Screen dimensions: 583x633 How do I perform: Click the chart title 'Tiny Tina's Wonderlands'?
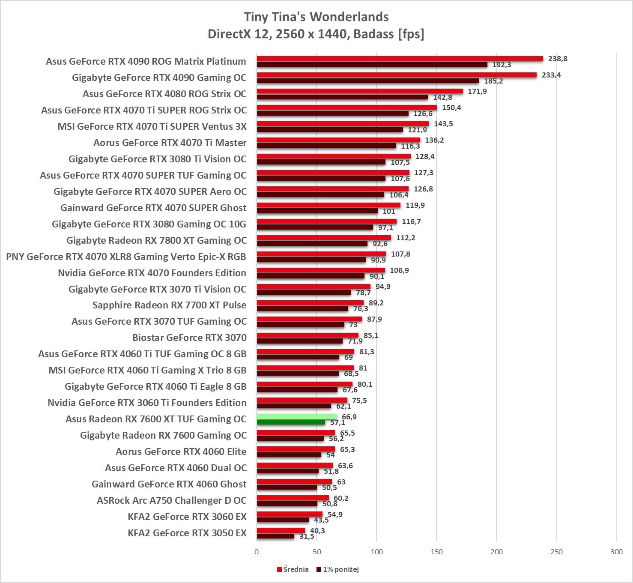(316, 17)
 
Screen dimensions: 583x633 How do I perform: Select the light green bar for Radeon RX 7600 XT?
(296, 416)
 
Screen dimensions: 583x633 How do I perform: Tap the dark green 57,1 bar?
(291, 422)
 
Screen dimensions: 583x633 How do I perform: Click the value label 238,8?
(558, 59)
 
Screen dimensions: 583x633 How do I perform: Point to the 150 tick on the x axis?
(436, 552)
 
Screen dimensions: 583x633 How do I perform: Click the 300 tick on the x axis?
(616, 552)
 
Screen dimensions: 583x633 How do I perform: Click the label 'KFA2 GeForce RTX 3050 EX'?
(187, 533)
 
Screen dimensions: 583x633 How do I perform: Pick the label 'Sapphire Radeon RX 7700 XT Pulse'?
(169, 305)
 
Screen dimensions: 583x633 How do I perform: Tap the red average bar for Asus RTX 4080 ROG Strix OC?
(360, 91)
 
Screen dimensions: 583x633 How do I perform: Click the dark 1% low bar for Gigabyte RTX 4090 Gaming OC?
(367, 81)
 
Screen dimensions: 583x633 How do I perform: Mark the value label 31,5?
(307, 536)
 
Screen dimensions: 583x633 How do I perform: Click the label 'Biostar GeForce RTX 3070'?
(189, 338)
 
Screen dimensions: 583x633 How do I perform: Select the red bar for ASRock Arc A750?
(293, 498)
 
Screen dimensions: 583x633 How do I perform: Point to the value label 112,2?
(406, 238)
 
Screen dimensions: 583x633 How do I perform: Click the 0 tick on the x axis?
(257, 552)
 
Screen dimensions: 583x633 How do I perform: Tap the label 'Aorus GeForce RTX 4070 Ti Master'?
(170, 143)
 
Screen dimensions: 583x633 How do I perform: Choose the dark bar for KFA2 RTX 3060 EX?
(283, 520)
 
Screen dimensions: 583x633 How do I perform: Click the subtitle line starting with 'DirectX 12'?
(316, 34)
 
